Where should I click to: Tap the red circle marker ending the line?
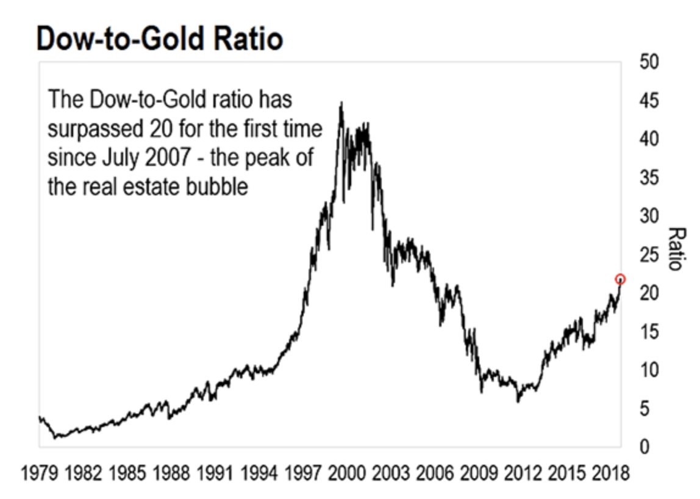(x=620, y=279)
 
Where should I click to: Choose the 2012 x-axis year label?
(x=519, y=474)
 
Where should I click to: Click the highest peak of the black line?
(x=341, y=103)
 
